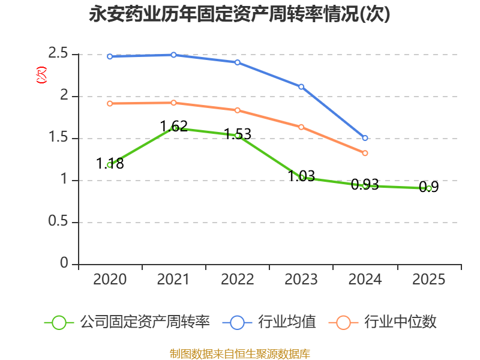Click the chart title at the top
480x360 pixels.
(239, 14)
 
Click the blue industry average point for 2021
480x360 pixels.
(173, 55)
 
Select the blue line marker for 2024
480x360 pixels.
(365, 138)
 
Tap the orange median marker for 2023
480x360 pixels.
(301, 127)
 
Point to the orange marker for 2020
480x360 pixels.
(110, 103)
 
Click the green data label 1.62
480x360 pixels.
(173, 126)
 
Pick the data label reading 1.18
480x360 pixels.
(110, 163)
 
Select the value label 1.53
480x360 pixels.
(238, 134)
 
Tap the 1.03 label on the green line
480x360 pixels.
(301, 176)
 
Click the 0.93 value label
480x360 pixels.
(365, 184)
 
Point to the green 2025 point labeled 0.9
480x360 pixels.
(428, 188)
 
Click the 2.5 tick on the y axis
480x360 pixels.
(58, 53)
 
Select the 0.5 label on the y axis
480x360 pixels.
(58, 221)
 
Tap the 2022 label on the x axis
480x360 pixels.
(238, 279)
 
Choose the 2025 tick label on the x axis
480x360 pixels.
(428, 279)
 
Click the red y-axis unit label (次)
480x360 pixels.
(41, 75)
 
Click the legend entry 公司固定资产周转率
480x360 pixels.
(127, 322)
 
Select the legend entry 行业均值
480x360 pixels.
(269, 322)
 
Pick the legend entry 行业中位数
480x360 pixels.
(382, 322)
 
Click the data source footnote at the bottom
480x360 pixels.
(240, 354)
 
